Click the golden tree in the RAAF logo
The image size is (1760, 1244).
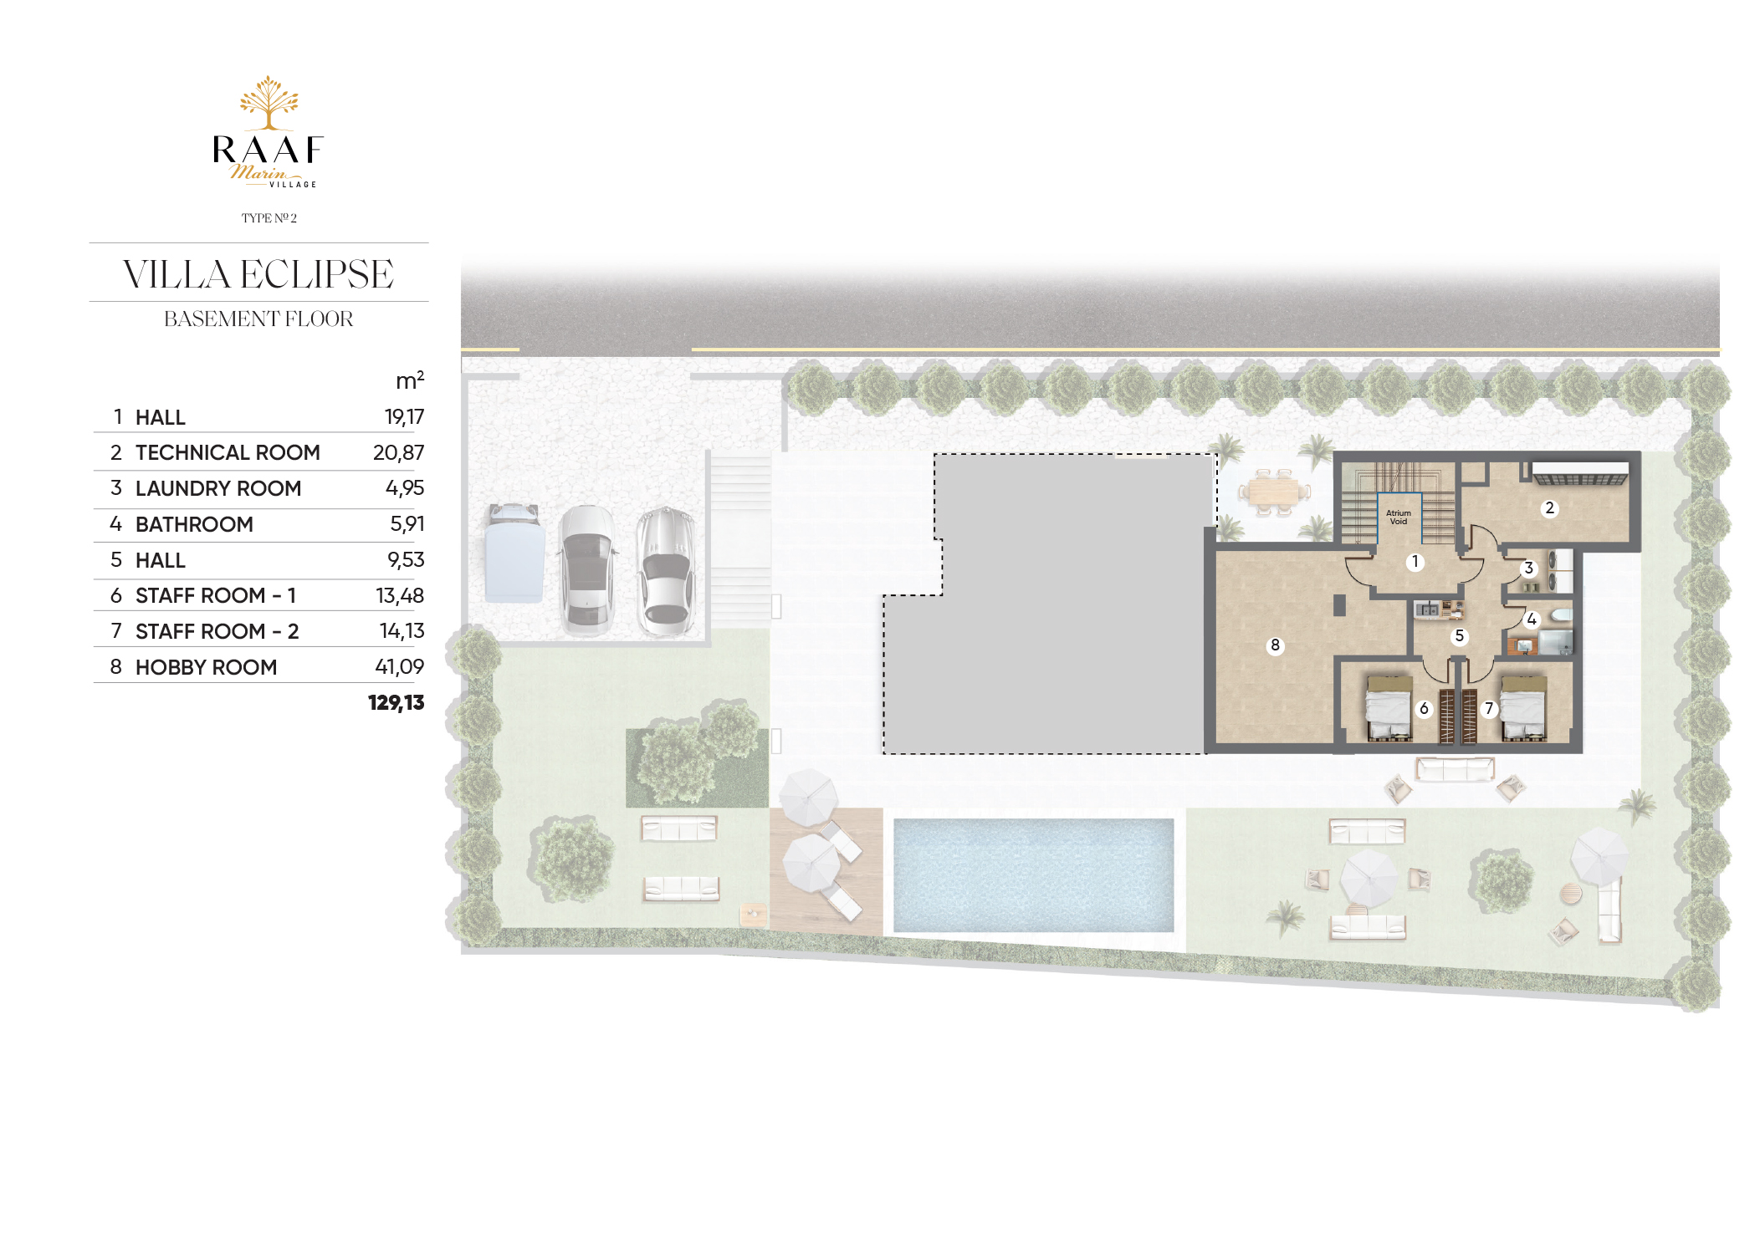coord(269,102)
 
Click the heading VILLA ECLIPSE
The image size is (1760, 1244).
coord(258,274)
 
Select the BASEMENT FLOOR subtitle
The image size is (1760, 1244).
coord(258,319)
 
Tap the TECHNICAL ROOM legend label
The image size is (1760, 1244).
coord(228,452)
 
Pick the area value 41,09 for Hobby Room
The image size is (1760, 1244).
coord(399,666)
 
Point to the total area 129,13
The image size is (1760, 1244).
coord(396,702)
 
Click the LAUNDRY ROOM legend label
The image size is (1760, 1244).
coord(218,488)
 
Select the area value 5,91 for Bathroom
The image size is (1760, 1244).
coord(407,523)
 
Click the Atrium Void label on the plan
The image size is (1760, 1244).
coord(1398,517)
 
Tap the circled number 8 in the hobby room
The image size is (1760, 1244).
coord(1275,645)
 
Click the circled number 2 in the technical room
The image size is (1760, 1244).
coord(1549,508)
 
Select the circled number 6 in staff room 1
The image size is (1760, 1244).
coord(1424,709)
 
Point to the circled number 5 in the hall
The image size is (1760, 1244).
coord(1459,636)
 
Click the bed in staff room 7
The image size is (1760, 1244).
coord(1522,709)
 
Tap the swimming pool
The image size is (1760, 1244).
coord(1033,874)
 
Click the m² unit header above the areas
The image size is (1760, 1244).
coord(410,380)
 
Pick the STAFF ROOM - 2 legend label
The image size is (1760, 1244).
coord(217,631)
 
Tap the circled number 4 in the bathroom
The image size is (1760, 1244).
coord(1531,619)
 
